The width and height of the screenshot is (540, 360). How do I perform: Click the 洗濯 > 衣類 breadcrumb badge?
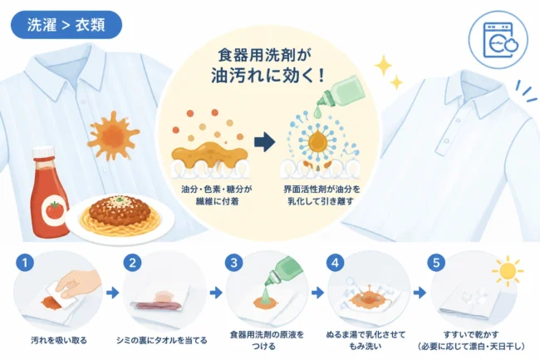click(66, 25)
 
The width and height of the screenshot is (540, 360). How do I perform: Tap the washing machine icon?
click(498, 40)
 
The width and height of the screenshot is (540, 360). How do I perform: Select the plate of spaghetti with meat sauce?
click(120, 216)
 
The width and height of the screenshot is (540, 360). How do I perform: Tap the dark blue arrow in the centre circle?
click(264, 141)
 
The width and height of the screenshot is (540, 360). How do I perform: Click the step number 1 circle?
click(25, 264)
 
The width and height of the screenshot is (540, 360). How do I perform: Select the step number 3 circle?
click(233, 264)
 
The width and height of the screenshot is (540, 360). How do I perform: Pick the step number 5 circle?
click(436, 264)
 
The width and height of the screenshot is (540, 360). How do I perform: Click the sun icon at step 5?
click(508, 271)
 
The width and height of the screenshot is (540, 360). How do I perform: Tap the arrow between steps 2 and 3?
click(216, 293)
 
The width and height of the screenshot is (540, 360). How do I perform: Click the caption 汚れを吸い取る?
click(59, 340)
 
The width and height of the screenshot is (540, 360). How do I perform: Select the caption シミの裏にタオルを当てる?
click(162, 340)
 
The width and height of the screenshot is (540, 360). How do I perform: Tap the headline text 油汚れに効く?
click(268, 76)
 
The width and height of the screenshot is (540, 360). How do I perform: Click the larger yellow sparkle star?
click(383, 65)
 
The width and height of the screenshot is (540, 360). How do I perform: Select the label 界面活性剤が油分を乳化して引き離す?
click(322, 195)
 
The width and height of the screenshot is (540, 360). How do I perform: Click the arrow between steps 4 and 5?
click(420, 293)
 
